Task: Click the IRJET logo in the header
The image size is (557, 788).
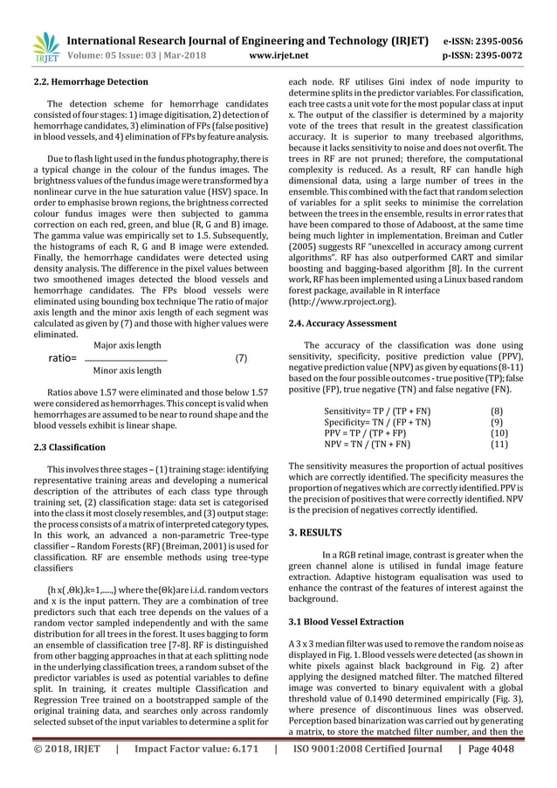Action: pyautogui.click(x=44, y=47)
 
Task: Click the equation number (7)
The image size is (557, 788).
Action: pyautogui.click(x=241, y=358)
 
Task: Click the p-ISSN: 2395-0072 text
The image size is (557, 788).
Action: pyautogui.click(x=493, y=54)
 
